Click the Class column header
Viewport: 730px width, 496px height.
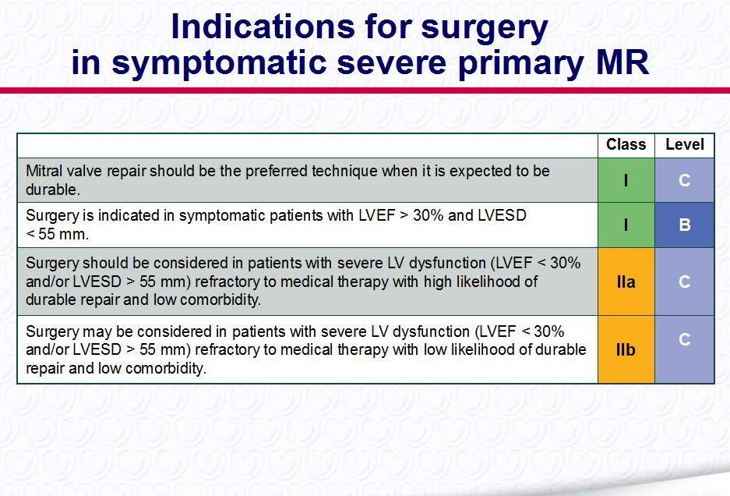pos(626,144)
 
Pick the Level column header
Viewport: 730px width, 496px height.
pos(684,144)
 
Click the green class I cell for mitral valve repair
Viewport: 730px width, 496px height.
pos(626,180)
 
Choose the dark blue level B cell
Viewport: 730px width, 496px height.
pos(684,225)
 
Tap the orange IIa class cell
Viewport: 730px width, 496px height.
pos(626,282)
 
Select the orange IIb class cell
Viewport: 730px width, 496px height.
pos(626,349)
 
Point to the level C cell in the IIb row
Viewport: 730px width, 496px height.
pos(684,349)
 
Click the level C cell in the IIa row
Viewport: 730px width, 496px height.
pos(684,282)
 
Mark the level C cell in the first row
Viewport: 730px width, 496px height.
pos(684,180)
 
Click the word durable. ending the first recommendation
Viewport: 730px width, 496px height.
pos(53,190)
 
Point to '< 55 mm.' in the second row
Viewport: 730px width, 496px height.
pos(58,233)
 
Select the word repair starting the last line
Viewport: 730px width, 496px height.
pos(45,369)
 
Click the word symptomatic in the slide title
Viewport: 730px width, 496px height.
pos(219,63)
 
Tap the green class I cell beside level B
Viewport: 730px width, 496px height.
pos(626,225)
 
